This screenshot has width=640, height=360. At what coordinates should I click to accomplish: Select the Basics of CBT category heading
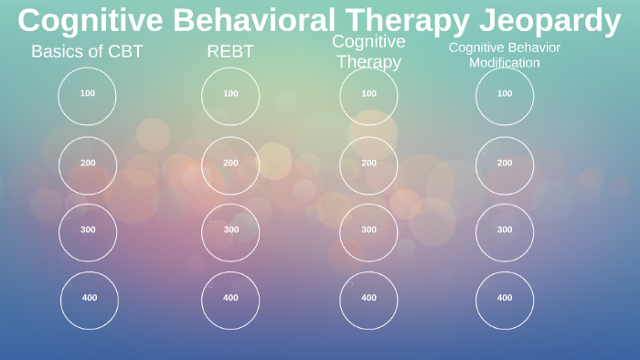tap(87, 51)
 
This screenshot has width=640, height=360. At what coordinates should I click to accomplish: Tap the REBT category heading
tap(230, 51)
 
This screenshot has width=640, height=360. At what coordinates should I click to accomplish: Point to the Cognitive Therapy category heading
tap(368, 52)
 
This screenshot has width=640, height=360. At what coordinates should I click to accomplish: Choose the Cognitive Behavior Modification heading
tap(505, 55)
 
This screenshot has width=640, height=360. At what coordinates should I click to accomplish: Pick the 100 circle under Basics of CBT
tap(87, 96)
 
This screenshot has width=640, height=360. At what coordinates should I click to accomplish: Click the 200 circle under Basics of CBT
tap(88, 164)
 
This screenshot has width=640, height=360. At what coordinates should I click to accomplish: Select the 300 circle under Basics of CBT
tap(88, 232)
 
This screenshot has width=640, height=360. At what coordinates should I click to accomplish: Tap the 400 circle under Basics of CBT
tap(90, 300)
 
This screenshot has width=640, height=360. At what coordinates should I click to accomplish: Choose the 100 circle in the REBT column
tap(230, 96)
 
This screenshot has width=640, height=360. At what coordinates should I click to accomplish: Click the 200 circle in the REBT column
tap(230, 164)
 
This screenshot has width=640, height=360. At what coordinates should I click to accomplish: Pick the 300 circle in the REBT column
tap(230, 232)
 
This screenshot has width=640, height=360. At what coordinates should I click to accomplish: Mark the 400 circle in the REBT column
tap(230, 300)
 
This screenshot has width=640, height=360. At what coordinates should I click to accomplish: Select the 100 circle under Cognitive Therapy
tap(368, 96)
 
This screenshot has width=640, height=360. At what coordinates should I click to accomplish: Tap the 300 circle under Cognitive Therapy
tap(368, 232)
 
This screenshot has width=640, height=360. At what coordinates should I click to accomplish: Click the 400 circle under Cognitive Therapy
tap(368, 300)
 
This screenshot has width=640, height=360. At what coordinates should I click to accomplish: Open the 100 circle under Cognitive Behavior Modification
tap(505, 96)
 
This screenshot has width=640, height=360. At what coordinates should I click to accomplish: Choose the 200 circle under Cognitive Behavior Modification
tap(505, 164)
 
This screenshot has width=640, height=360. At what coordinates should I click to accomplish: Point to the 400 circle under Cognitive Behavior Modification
tap(505, 300)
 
